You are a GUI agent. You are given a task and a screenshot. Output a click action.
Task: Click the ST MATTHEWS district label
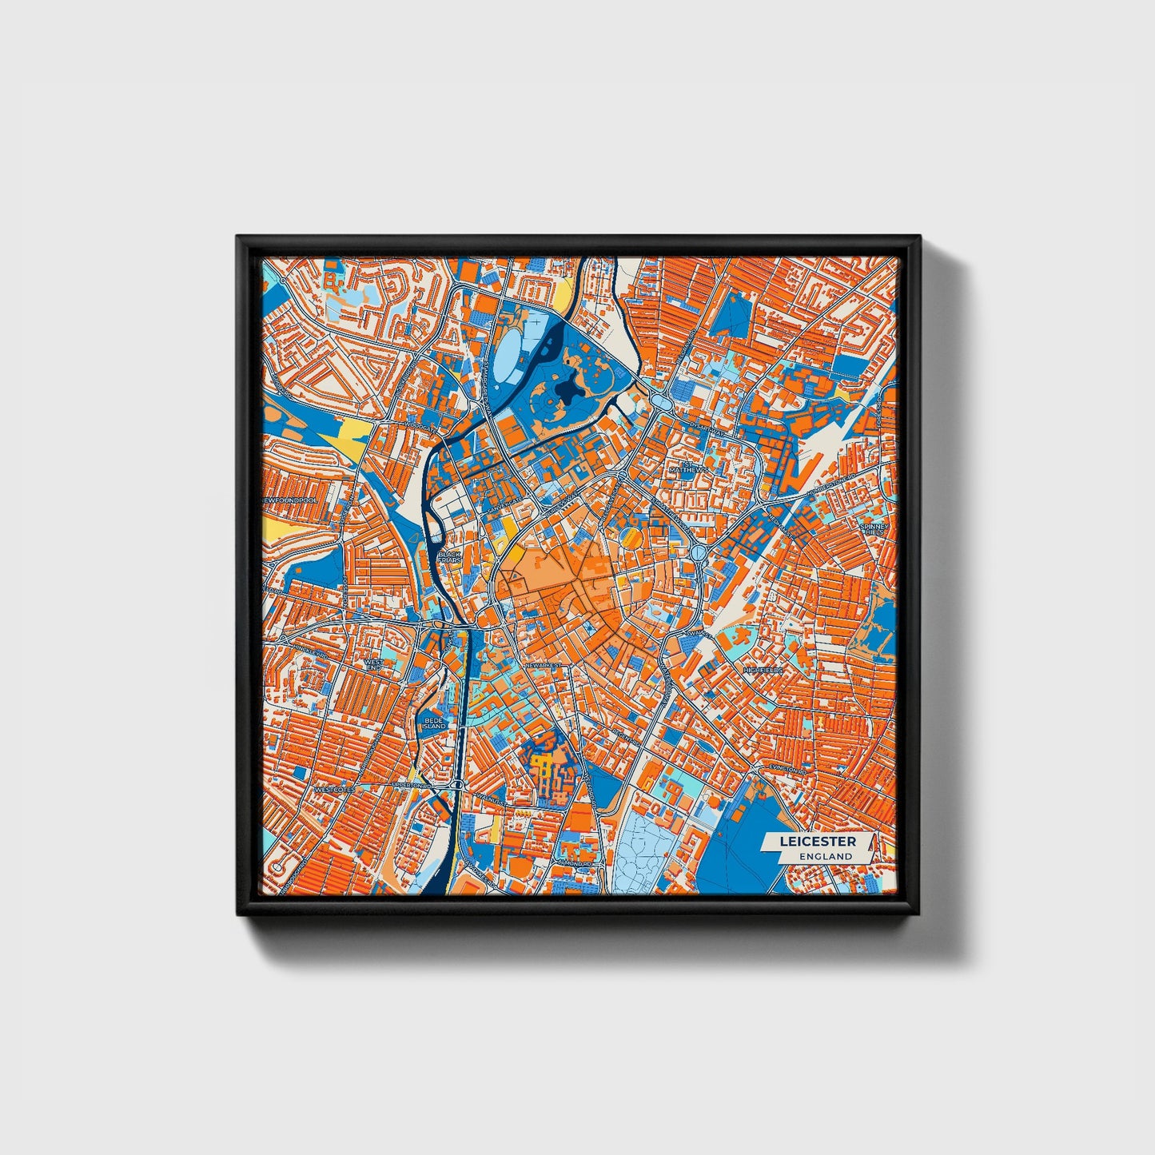point(688,467)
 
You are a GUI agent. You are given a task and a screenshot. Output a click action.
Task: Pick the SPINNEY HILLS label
point(870,530)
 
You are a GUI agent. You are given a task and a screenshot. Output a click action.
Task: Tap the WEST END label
point(372,665)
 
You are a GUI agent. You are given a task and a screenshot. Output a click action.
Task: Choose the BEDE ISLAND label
point(434,723)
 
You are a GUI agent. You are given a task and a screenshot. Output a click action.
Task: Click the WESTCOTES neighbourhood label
point(334,789)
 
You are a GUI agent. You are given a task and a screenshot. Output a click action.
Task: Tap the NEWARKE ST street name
point(544,664)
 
